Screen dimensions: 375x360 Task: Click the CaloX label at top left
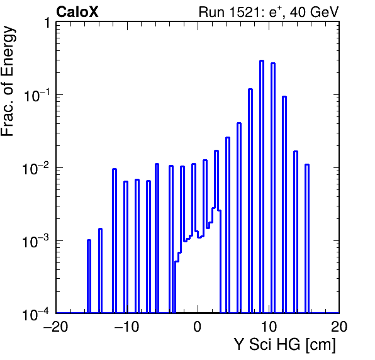pyautogui.click(x=77, y=12)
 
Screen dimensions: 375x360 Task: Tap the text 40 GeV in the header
pyautogui.click(x=314, y=12)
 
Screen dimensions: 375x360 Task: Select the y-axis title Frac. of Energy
pyautogui.click(x=8, y=81)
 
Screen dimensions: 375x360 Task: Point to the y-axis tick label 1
pyautogui.click(x=47, y=23)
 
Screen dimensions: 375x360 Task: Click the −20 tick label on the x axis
pyautogui.click(x=56, y=327)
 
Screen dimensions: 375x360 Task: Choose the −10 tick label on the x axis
pyautogui.click(x=126, y=327)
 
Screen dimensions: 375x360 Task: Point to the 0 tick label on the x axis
pyautogui.click(x=198, y=327)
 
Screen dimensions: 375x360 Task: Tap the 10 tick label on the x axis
pyautogui.click(x=269, y=327)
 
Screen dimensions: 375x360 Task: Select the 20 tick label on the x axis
pyautogui.click(x=339, y=327)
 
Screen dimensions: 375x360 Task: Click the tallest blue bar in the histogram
pyautogui.click(x=262, y=186)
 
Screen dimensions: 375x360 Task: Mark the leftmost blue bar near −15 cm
pyautogui.click(x=89, y=276)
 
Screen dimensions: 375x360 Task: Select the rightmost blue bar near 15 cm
pyautogui.click(x=307, y=239)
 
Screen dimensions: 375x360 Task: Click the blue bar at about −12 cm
pyautogui.click(x=115, y=240)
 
